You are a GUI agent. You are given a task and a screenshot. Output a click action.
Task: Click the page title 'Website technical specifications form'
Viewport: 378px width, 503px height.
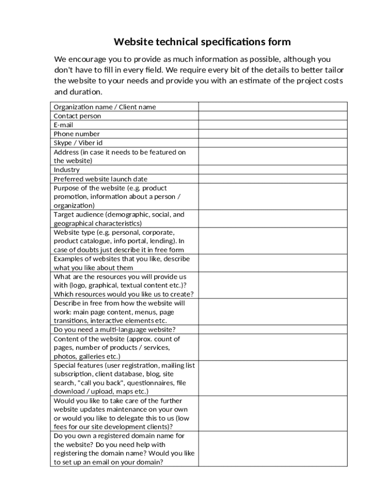click(202, 42)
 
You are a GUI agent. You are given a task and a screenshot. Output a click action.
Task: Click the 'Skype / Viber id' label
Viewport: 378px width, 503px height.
click(78, 143)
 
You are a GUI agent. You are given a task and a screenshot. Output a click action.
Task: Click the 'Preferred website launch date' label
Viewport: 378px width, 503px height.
click(100, 179)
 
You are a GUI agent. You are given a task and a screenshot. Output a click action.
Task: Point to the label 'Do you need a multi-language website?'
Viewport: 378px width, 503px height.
click(114, 330)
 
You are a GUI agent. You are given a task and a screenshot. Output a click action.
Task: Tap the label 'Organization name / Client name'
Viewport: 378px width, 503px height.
click(105, 107)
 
